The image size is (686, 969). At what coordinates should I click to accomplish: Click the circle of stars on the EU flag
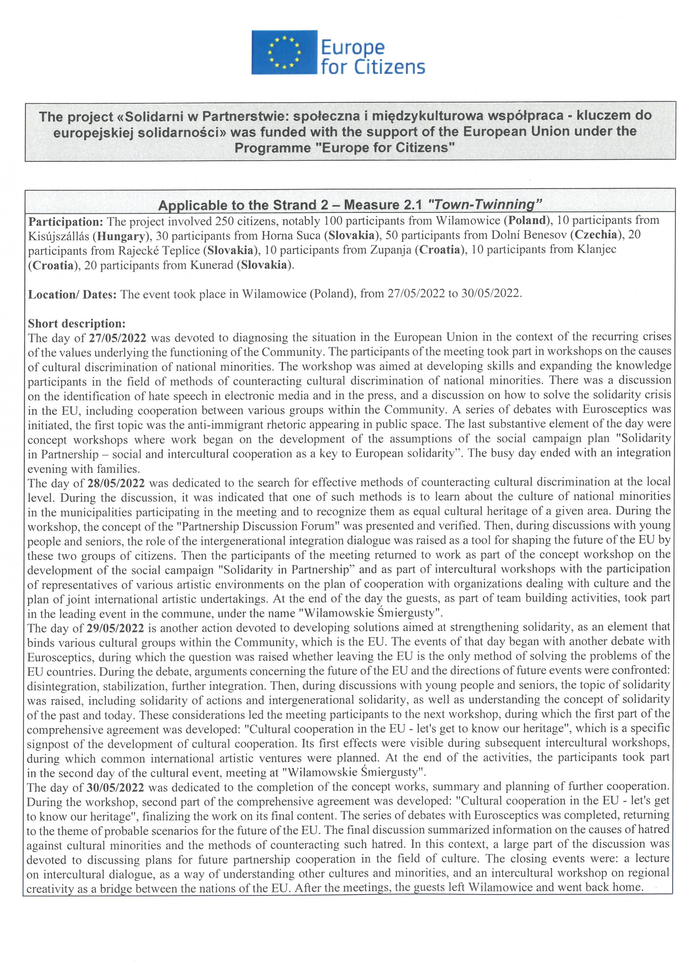tap(284, 52)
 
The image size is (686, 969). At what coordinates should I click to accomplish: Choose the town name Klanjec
tap(597, 250)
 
